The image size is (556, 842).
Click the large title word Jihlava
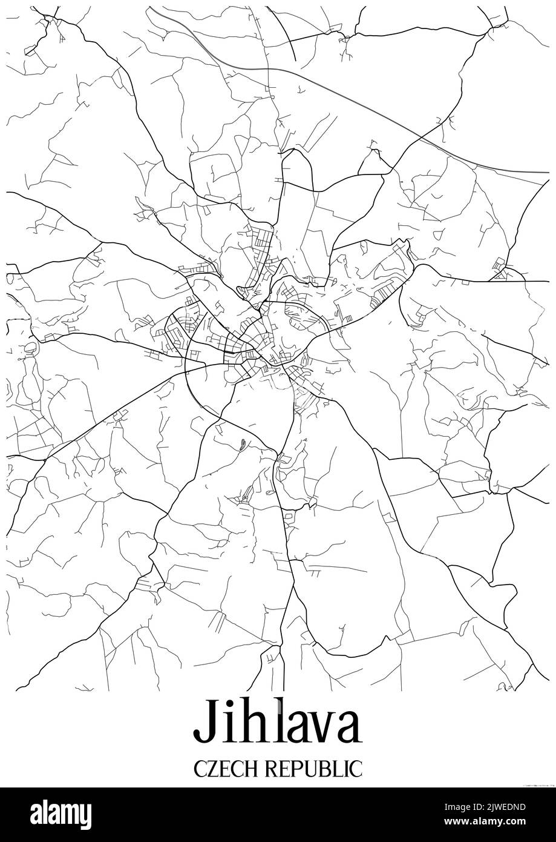[x=278, y=723]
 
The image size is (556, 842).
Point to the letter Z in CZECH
[x=209, y=767]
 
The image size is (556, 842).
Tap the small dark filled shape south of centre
[x=242, y=445]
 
